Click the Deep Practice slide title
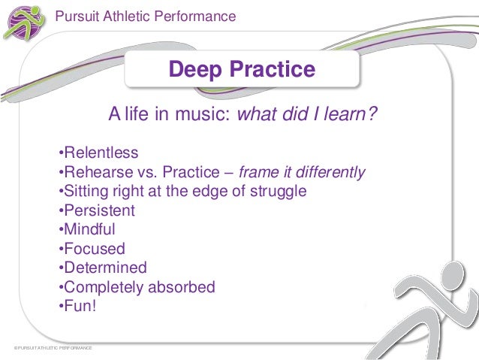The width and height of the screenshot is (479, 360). point(242,70)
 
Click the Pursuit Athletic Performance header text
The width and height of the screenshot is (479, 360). point(146,16)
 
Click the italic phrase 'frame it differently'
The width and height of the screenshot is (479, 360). point(302,172)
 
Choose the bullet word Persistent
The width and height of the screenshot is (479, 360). point(99,210)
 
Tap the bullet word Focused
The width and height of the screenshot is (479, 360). point(94,249)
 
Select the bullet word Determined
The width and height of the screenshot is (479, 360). point(105,268)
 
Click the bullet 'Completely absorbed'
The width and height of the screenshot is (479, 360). point(139,287)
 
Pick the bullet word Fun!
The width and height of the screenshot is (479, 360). point(80,306)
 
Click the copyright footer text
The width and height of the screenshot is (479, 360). point(53,349)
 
